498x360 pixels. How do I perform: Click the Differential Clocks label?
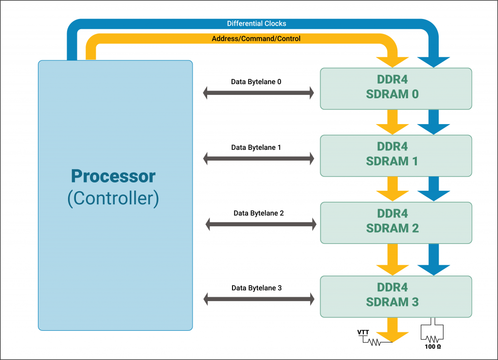click(256, 23)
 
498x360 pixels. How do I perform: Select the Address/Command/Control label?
click(256, 39)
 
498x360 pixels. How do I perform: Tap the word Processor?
click(113, 176)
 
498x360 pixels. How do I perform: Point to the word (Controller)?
click(113, 198)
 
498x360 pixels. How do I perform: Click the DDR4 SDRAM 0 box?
click(396, 89)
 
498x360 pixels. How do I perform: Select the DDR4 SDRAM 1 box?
click(396, 156)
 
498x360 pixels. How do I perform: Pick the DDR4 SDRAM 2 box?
click(396, 223)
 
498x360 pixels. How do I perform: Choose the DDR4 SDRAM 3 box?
click(396, 296)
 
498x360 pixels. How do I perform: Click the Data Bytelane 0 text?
click(256, 82)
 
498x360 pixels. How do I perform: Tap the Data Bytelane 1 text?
click(256, 147)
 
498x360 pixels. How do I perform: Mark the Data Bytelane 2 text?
click(259, 213)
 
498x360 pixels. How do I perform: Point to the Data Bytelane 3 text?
click(256, 288)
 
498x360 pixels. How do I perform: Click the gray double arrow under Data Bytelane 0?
click(259, 93)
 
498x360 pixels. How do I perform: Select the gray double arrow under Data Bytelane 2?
click(261, 224)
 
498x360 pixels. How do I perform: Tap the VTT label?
click(363, 332)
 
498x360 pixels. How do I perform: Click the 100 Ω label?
click(432, 347)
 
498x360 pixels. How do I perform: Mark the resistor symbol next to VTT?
click(374, 342)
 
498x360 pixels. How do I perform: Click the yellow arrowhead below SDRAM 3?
click(392, 337)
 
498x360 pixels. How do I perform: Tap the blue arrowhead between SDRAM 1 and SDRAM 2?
click(433, 196)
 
